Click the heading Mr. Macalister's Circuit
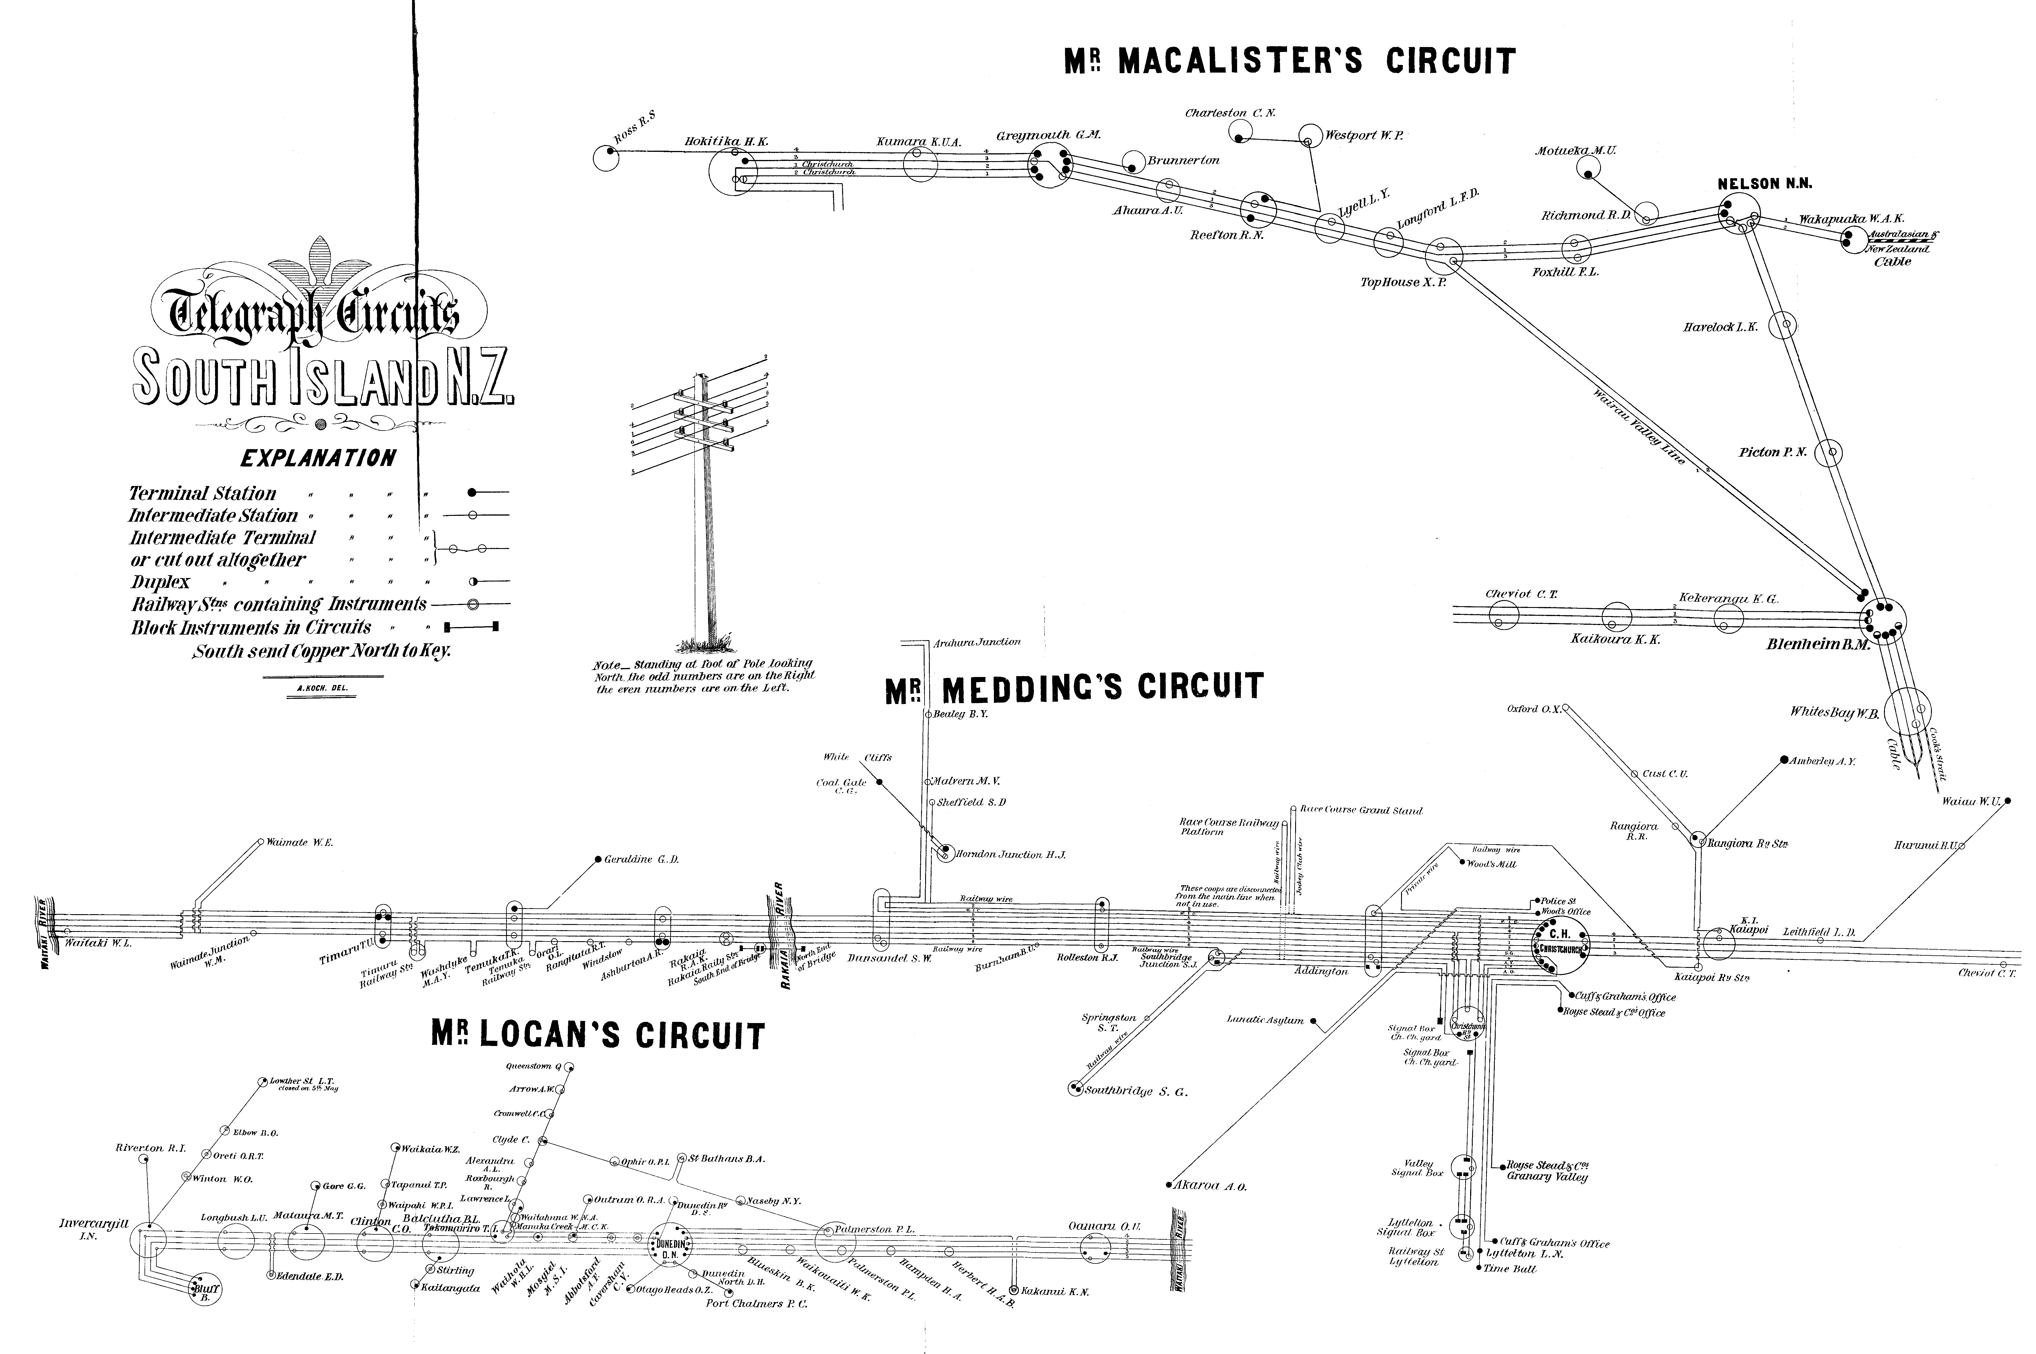(x=1289, y=61)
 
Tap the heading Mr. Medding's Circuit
(x=1074, y=688)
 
